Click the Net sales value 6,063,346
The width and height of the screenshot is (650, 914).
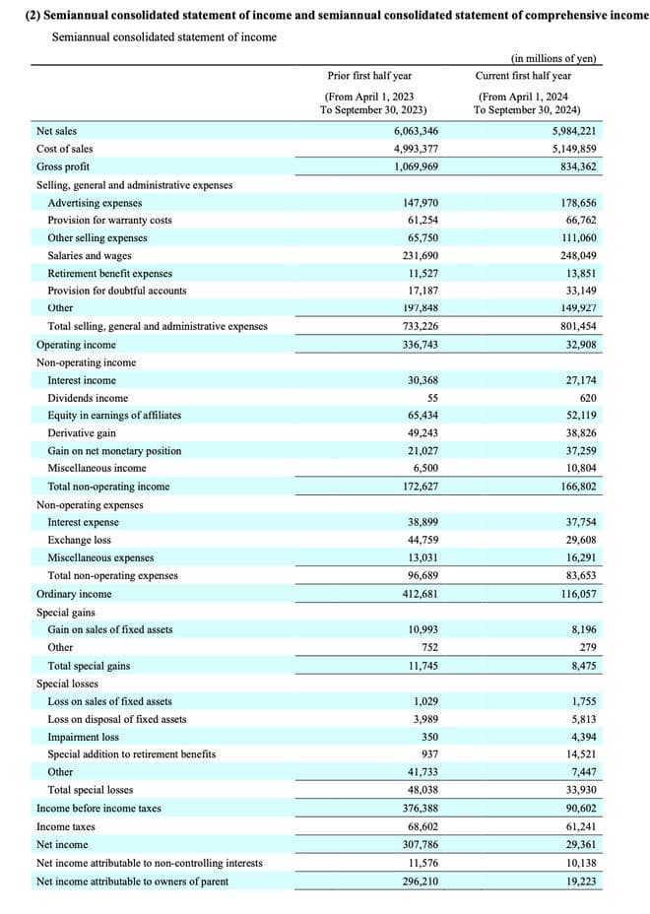pyautogui.click(x=416, y=131)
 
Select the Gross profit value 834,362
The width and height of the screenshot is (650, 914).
pyautogui.click(x=575, y=166)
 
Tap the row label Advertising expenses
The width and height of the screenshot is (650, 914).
pyautogui.click(x=95, y=203)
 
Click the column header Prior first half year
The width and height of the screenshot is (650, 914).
pyautogui.click(x=369, y=76)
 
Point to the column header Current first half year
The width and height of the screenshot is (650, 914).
pyautogui.click(x=523, y=76)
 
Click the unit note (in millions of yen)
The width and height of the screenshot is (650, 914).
pyautogui.click(x=553, y=58)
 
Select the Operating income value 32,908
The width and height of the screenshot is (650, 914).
pyautogui.click(x=578, y=345)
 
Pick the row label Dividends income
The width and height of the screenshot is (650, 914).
pyautogui.click(x=88, y=398)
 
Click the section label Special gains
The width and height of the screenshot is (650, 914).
pyautogui.click(x=66, y=612)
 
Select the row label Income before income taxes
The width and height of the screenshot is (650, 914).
pyautogui.click(x=98, y=808)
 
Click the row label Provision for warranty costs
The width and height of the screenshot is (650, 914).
pyautogui.click(x=109, y=220)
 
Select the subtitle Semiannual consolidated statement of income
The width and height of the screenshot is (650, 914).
pyautogui.click(x=163, y=37)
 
